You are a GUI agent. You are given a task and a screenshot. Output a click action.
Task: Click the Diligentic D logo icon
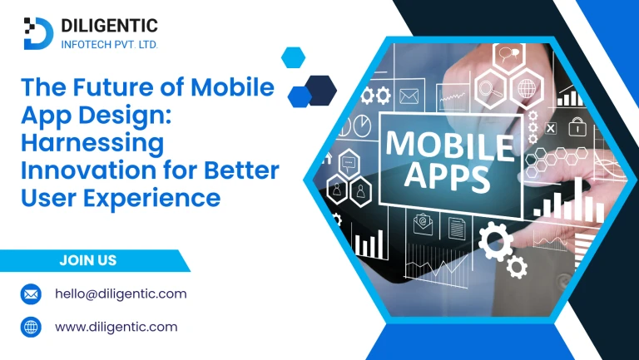click(39, 33)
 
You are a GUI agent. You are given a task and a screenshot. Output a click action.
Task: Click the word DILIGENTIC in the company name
click(109, 26)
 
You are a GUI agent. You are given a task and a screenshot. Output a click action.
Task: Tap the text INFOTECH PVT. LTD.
click(109, 44)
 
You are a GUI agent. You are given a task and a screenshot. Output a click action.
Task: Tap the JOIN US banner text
click(88, 260)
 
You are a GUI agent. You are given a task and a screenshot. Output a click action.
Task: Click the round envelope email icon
click(31, 294)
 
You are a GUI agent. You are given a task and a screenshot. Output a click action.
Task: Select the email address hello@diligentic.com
click(121, 293)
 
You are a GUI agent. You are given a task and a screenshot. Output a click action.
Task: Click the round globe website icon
click(31, 327)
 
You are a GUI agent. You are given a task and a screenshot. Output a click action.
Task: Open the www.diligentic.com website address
click(116, 327)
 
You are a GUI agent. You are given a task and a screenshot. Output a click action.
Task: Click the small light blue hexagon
click(293, 57)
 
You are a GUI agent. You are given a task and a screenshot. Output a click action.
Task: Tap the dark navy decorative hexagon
click(321, 91)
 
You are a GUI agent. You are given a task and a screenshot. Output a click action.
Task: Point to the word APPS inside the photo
click(447, 179)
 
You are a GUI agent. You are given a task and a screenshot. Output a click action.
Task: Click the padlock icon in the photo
click(577, 126)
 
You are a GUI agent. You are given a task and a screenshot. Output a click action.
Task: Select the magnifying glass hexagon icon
click(490, 89)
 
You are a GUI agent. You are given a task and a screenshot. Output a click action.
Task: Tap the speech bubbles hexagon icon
click(508, 54)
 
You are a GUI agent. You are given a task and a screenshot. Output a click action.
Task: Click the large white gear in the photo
click(496, 241)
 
